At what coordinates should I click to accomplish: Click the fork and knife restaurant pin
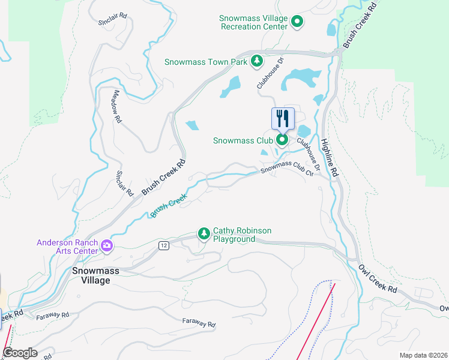tap(283, 118)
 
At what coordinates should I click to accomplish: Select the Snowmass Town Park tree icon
tap(257, 61)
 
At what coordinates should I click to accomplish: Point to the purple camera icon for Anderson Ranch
tap(107, 245)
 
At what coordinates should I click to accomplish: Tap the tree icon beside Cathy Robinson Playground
tap(204, 233)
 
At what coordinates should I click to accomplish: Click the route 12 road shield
tap(164, 245)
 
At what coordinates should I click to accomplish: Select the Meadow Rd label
tap(118, 107)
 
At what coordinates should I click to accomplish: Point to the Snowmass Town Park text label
tap(206, 62)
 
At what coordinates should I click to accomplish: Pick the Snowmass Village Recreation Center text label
tap(254, 23)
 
